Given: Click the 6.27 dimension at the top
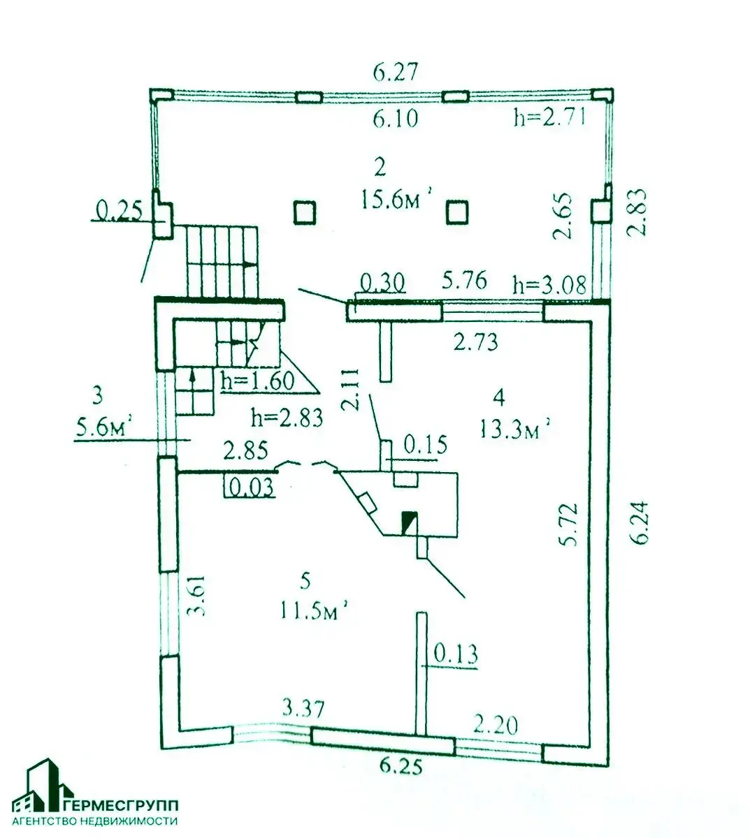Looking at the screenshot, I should [x=396, y=72].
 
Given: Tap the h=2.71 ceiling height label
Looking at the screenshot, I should [x=549, y=118].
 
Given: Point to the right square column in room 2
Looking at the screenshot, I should [x=457, y=211].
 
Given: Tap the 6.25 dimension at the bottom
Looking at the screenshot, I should [x=401, y=767].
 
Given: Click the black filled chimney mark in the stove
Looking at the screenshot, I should [x=409, y=522].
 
